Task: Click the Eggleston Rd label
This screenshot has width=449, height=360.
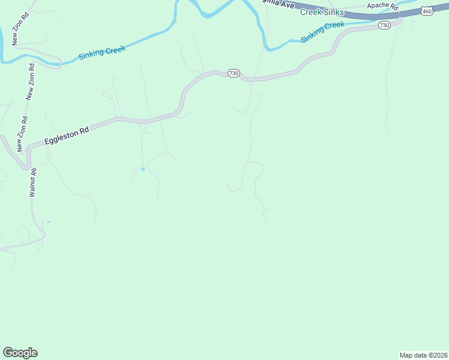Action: coord(66,136)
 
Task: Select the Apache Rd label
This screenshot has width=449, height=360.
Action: coord(382,6)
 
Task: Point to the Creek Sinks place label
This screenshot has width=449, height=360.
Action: coord(322,12)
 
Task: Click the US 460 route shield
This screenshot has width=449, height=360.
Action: coord(427,11)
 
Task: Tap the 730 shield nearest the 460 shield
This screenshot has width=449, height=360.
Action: coord(385,25)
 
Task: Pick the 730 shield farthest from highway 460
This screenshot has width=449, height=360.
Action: coord(234,73)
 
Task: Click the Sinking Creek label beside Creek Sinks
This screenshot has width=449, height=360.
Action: coord(323,32)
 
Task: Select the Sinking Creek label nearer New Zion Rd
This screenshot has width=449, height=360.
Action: coord(102,53)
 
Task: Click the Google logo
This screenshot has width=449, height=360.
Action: coord(20,353)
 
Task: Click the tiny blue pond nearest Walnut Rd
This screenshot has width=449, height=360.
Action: coord(48,223)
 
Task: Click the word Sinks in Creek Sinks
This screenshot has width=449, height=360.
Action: coord(333,12)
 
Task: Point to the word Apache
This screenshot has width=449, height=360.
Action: coord(378,6)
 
